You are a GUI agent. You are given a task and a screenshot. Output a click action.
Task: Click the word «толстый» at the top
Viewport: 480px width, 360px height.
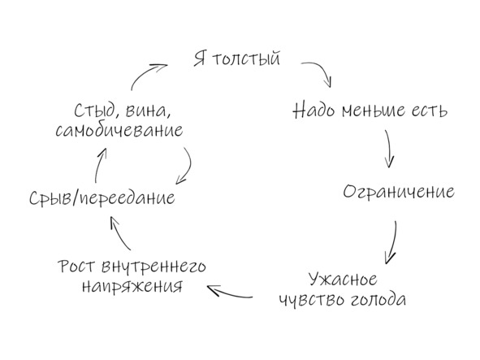[x=246, y=59]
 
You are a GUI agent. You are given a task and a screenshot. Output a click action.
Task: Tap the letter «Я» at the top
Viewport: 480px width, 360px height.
[x=200, y=59]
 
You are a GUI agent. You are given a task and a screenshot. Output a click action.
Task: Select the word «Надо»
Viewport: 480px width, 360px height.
[x=314, y=110]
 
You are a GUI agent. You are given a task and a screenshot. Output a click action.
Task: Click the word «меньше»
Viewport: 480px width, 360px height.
[x=374, y=110]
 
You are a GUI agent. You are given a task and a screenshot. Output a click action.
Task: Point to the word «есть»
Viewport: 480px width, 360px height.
[x=430, y=111]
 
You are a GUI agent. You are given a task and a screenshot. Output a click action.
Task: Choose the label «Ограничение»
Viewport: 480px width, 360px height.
[x=399, y=193]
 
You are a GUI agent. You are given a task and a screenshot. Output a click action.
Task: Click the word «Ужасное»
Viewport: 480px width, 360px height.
[x=343, y=280]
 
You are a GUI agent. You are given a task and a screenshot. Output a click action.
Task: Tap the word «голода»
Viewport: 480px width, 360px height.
[x=378, y=299]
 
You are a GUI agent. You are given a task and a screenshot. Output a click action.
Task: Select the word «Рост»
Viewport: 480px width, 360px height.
[x=76, y=267]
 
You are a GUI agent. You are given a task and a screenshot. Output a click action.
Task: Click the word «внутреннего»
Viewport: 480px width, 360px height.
[x=154, y=267]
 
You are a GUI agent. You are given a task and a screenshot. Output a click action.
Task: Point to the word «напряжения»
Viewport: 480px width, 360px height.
[x=132, y=287]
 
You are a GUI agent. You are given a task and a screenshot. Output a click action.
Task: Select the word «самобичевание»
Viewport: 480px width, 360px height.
[x=119, y=130]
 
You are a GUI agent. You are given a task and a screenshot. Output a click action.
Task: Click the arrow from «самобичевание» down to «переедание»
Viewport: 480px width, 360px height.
[x=189, y=167]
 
